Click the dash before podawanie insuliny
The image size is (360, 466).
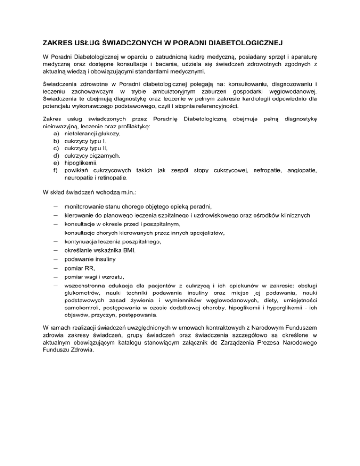click(55, 259)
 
